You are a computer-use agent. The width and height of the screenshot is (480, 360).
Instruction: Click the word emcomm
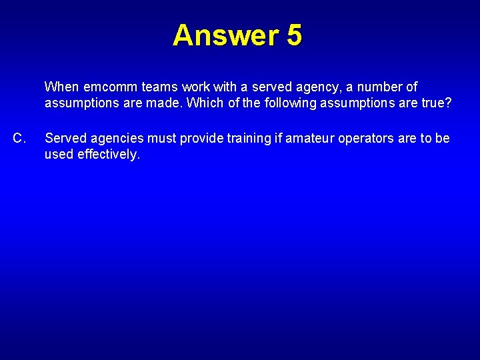[108, 87]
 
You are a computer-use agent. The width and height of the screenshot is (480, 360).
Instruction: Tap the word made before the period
[170, 103]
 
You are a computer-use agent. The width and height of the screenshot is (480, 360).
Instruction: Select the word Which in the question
[206, 103]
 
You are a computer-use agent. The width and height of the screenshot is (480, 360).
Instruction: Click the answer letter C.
[20, 139]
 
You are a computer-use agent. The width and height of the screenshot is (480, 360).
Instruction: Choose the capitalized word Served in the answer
[65, 139]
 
